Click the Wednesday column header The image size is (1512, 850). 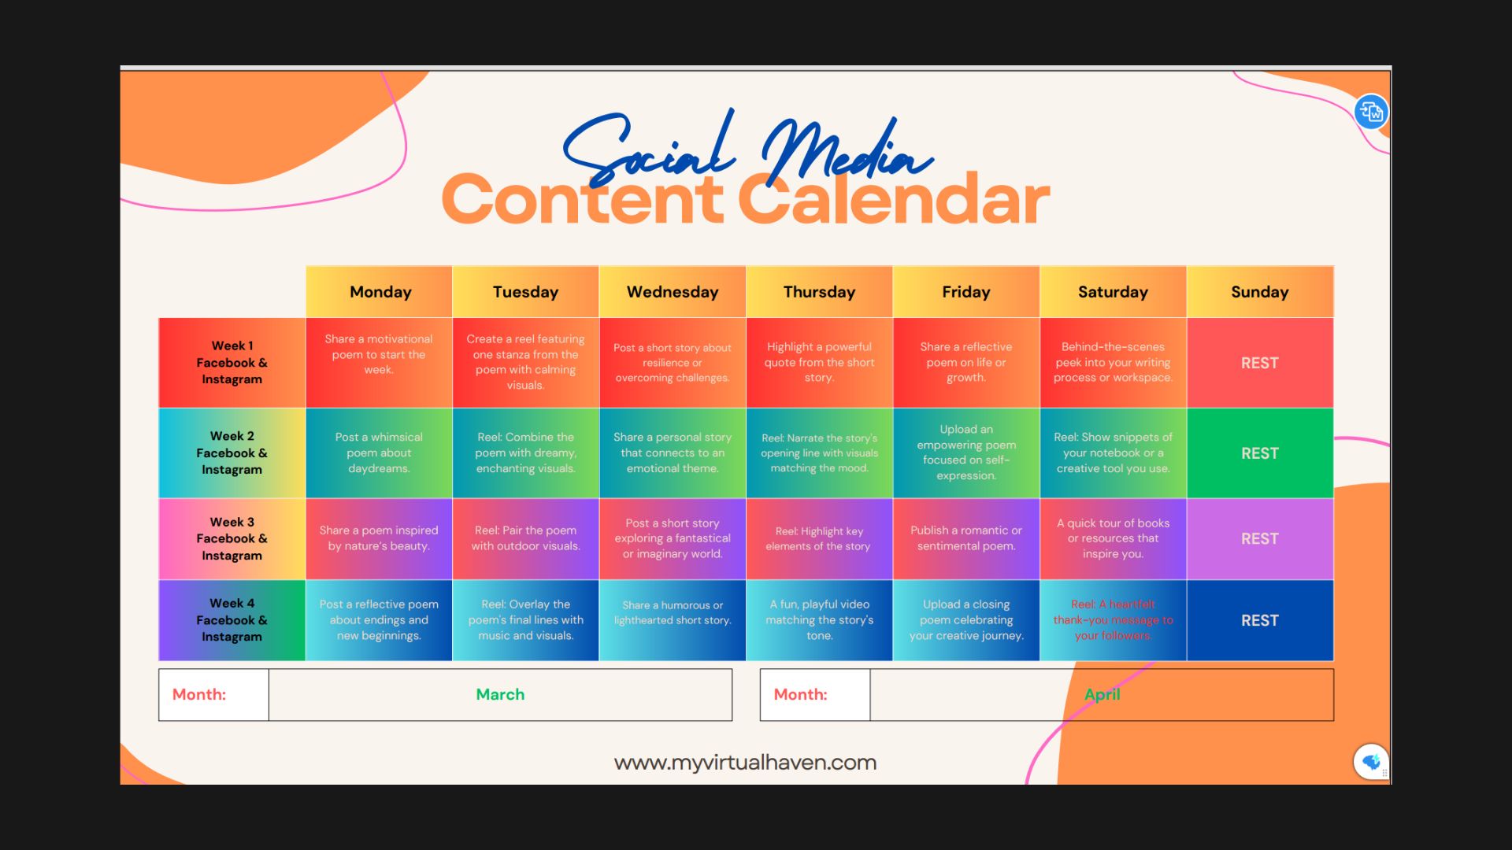click(673, 292)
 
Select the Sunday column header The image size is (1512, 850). click(1260, 292)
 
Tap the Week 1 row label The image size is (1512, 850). click(232, 363)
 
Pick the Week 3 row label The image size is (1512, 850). click(232, 538)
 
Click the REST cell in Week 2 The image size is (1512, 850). click(1260, 453)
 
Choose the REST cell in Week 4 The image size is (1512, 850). click(1260, 620)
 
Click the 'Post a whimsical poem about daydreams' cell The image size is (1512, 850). click(379, 453)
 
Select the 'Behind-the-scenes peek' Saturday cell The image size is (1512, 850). click(1114, 363)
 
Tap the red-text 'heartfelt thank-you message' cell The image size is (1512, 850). click(1114, 620)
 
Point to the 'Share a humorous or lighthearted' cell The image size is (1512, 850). click(673, 620)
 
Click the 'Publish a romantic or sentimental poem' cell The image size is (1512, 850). click(966, 538)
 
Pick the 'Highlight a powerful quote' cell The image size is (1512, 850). click(819, 363)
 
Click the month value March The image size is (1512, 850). click(500, 694)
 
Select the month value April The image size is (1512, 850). click(1102, 694)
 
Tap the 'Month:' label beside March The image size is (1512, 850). click(199, 694)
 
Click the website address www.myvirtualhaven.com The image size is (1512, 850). click(745, 763)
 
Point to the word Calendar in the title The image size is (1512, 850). click(894, 199)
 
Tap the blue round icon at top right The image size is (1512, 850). click(1371, 112)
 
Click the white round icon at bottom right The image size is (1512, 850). click(1371, 762)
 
